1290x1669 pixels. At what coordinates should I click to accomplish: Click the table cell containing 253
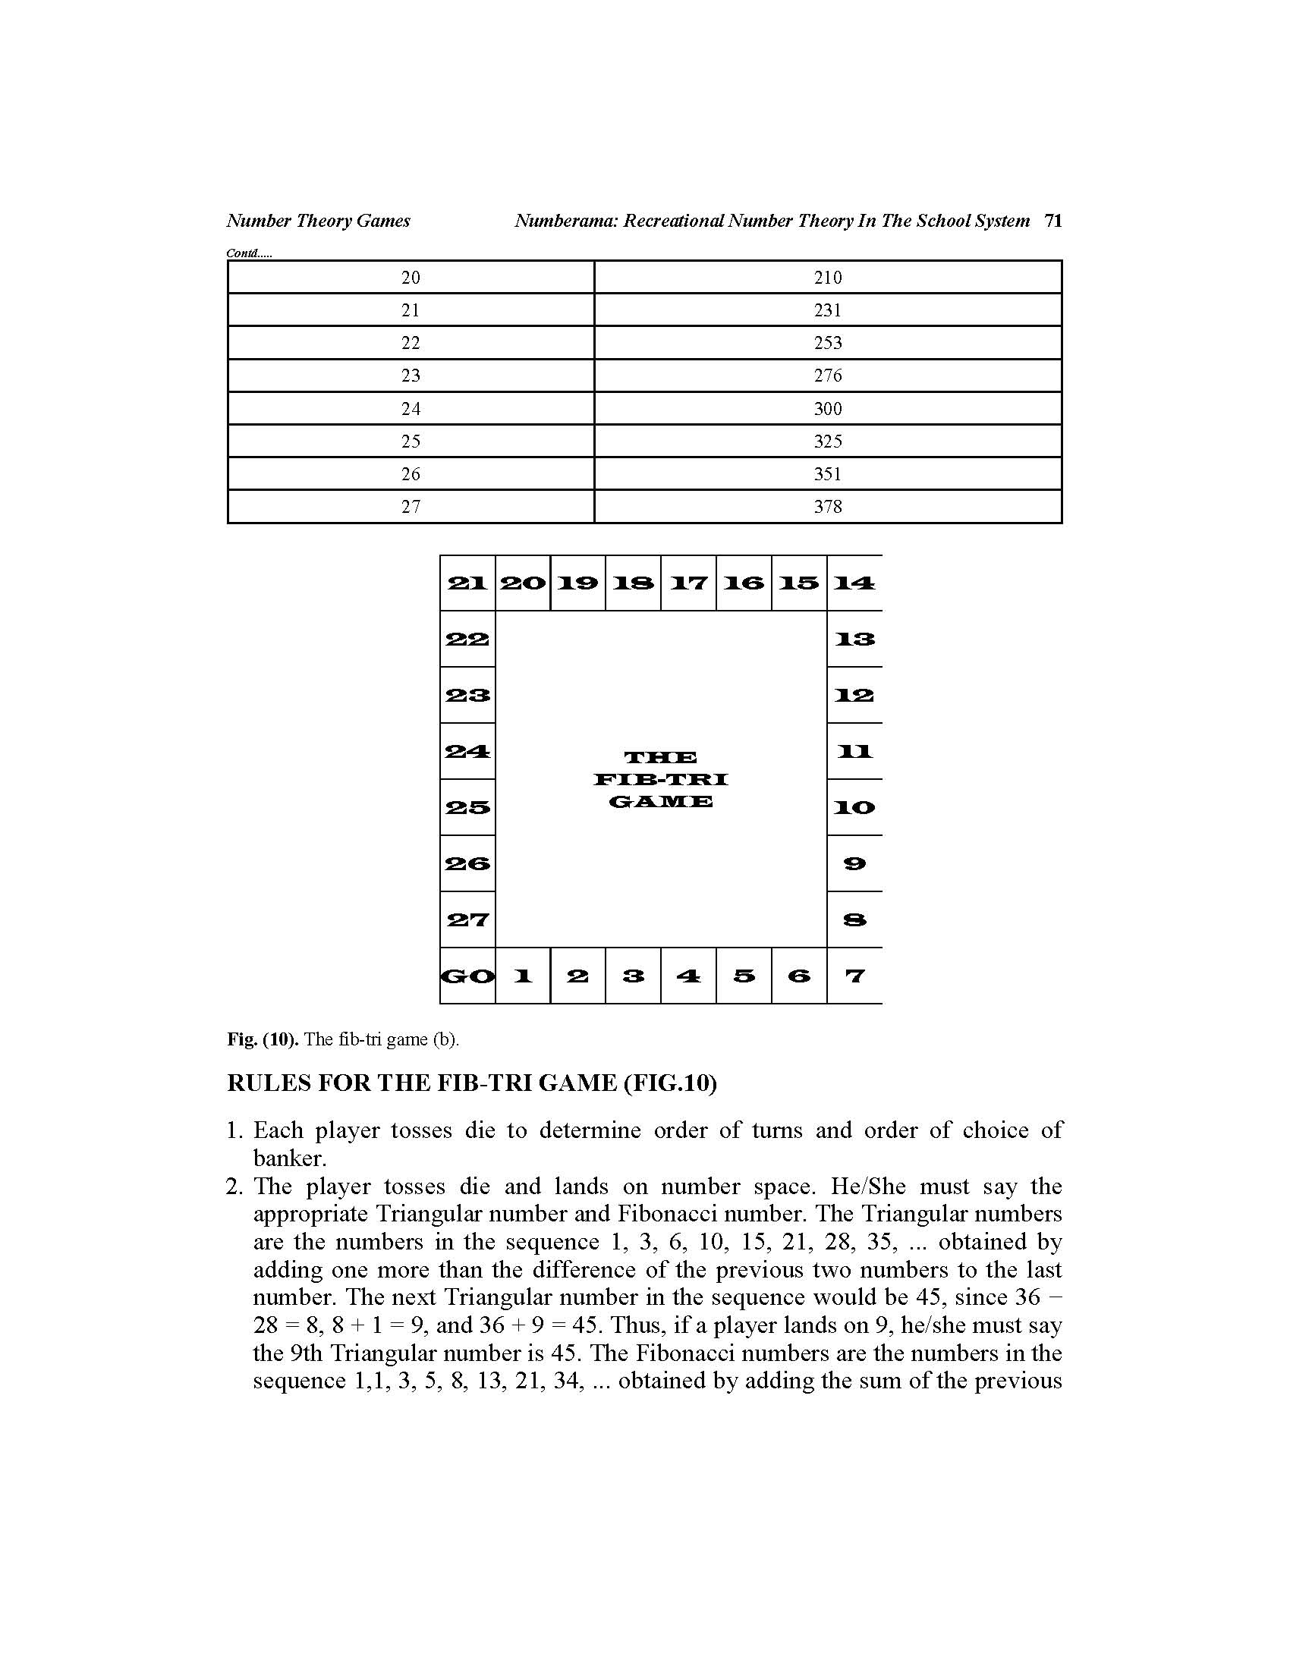(828, 343)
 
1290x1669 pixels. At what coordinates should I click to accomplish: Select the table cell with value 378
(828, 507)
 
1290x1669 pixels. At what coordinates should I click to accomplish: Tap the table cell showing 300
(828, 409)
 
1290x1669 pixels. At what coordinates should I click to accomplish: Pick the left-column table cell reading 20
(411, 278)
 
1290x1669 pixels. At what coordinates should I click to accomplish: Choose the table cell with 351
(828, 474)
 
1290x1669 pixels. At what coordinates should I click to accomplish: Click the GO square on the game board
(467, 976)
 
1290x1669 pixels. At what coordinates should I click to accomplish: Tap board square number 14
(854, 583)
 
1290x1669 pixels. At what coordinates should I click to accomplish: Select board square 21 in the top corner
(467, 583)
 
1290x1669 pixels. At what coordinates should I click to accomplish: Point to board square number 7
(854, 976)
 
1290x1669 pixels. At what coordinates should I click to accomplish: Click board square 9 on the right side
(854, 863)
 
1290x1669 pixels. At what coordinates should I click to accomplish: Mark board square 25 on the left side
(467, 807)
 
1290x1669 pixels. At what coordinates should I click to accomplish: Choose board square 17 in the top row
(688, 583)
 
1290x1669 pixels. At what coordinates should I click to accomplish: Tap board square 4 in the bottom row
(688, 976)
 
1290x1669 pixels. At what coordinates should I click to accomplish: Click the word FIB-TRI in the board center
(661, 779)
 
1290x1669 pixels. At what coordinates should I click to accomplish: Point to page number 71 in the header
(1053, 221)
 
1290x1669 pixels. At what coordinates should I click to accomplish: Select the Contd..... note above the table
(249, 253)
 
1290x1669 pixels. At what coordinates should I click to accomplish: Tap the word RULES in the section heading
(268, 1083)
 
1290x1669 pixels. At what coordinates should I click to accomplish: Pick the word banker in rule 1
(289, 1158)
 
